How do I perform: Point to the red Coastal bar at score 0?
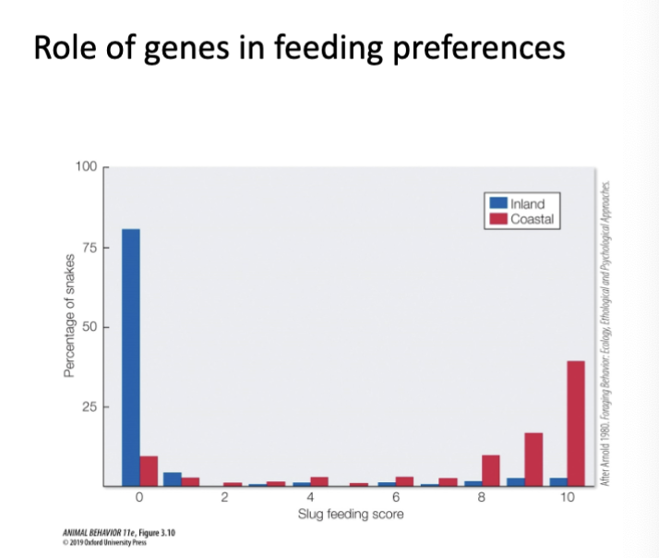point(149,471)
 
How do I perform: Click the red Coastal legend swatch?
point(497,218)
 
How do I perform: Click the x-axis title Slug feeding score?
point(352,514)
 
